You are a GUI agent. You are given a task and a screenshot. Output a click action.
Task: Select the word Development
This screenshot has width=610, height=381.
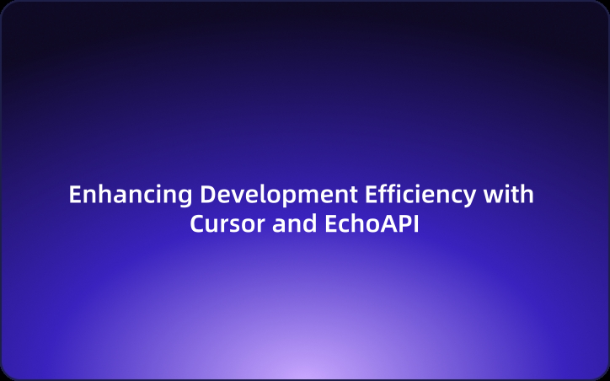click(279, 195)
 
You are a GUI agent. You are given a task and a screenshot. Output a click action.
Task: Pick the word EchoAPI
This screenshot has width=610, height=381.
click(372, 225)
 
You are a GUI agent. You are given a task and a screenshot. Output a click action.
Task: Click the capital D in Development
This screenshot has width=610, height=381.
click(206, 195)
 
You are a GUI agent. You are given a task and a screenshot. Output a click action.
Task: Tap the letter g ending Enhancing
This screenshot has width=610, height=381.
click(186, 197)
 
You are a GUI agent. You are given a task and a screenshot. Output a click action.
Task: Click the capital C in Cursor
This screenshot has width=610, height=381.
click(197, 225)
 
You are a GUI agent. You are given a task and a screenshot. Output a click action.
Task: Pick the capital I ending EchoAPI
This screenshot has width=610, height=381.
click(416, 225)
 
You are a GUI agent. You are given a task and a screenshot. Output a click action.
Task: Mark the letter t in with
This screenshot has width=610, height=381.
click(515, 195)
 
